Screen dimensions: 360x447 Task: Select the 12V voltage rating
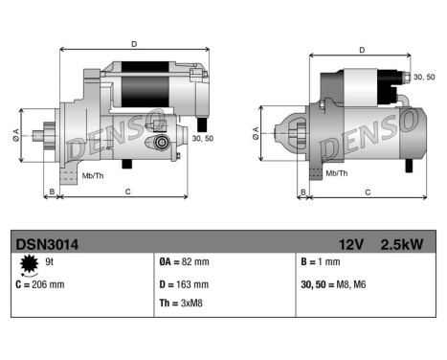coord(349,244)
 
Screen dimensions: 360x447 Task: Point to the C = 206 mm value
coord(42,284)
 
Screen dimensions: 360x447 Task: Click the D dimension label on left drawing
coord(133,43)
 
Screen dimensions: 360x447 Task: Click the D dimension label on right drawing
coord(362,50)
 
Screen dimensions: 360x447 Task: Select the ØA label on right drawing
coord(256,133)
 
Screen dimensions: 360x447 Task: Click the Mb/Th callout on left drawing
coord(94,175)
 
